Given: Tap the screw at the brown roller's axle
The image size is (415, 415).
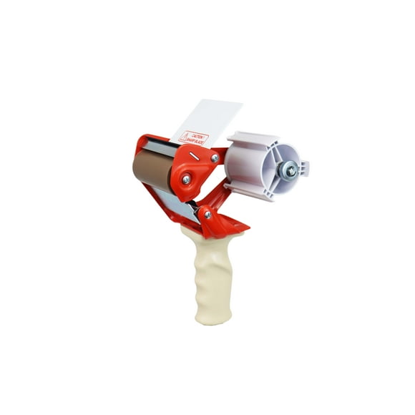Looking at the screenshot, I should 186,180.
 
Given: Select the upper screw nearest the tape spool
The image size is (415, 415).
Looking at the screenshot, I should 215,158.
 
